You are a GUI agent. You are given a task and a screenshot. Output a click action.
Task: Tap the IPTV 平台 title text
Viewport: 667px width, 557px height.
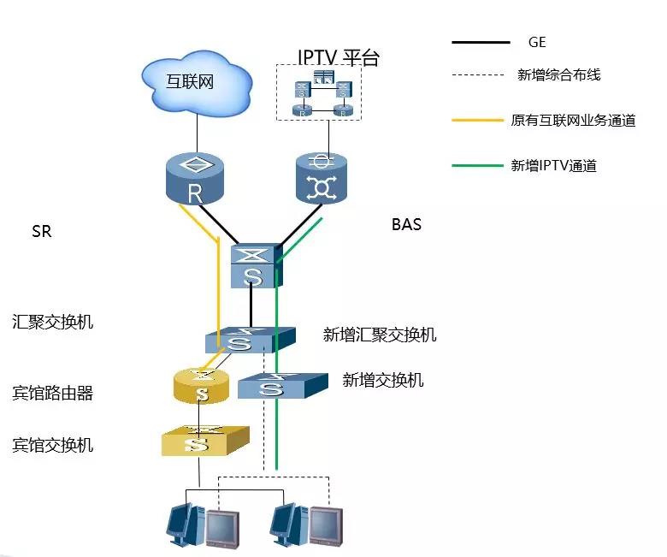tap(338, 57)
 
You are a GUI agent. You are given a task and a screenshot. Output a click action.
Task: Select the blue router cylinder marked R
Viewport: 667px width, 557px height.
tap(195, 179)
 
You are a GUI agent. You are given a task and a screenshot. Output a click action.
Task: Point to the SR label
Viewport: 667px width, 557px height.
tap(41, 232)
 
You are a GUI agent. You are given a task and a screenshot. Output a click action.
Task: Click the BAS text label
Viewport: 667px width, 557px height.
tap(406, 225)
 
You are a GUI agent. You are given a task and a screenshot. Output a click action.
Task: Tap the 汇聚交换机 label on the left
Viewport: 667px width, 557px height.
tap(52, 323)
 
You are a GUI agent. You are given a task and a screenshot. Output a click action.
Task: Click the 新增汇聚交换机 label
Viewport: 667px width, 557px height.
tap(380, 335)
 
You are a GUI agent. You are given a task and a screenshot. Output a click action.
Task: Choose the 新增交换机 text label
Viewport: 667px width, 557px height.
tap(382, 381)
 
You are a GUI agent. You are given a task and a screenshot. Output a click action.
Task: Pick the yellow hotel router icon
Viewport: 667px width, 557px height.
tap(202, 386)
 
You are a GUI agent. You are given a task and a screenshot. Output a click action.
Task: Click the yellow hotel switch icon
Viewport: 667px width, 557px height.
tap(204, 440)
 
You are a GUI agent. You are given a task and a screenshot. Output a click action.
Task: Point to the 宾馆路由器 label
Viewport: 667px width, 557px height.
tap(52, 394)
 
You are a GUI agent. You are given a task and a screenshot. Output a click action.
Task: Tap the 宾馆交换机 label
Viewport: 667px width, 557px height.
tap(52, 445)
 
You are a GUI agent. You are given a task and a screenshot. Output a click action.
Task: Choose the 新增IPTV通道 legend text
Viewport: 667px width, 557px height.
tap(553, 166)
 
